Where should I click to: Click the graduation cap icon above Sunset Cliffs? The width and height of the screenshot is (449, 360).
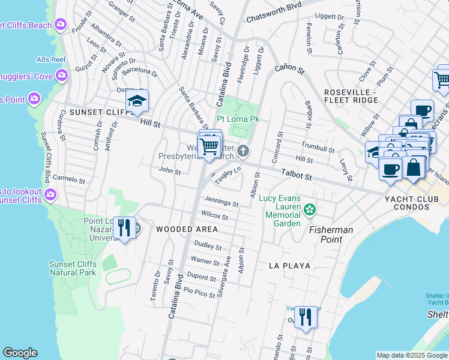(137, 102)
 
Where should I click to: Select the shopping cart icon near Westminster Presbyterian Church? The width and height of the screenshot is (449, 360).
(209, 146)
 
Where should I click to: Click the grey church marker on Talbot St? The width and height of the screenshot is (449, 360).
(243, 151)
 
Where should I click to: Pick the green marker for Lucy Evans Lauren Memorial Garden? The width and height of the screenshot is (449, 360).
(309, 209)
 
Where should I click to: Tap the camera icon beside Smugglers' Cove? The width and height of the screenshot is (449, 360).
(61, 75)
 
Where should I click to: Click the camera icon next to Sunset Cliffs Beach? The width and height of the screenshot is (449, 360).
(60, 25)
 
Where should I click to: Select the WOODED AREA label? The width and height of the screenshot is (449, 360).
(187, 229)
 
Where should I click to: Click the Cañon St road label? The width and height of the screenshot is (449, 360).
(291, 71)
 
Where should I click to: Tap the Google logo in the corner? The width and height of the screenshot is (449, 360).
(20, 353)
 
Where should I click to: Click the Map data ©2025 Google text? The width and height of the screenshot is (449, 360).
(411, 355)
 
